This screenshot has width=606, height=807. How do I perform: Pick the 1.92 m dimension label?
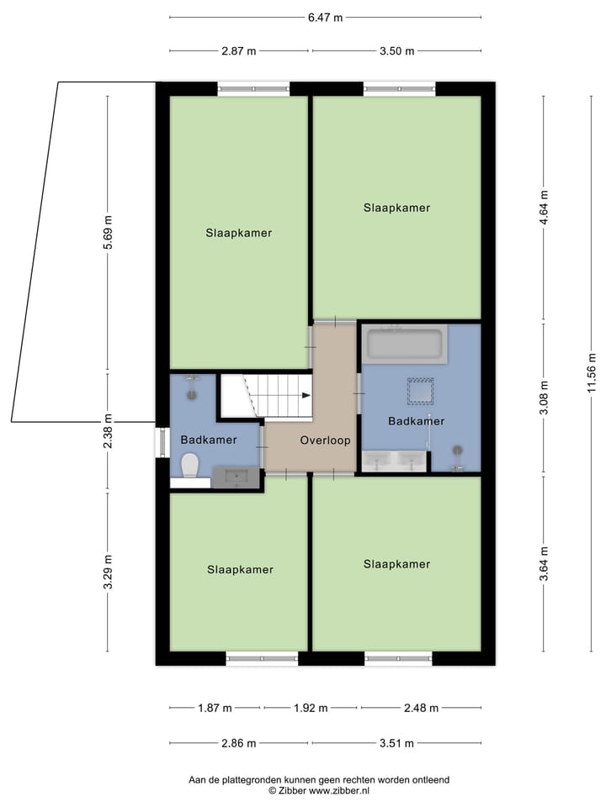(x=311, y=708)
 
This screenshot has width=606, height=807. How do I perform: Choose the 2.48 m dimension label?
(x=421, y=708)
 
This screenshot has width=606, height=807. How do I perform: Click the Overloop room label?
(x=325, y=440)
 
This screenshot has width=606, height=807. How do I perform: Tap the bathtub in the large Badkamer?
(x=403, y=345)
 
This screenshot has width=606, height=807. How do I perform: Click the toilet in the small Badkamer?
(x=189, y=464)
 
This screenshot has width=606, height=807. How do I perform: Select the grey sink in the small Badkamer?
(x=236, y=477)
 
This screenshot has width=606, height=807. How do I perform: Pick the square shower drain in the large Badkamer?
(x=420, y=391)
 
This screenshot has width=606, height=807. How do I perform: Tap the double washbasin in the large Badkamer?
(x=395, y=460)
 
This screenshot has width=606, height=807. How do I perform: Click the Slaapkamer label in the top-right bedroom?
(x=396, y=208)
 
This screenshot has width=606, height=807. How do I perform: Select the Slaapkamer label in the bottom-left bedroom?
(x=240, y=569)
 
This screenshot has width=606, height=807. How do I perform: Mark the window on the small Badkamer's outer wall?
(x=162, y=443)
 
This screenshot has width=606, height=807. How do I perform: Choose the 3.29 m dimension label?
(x=107, y=572)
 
